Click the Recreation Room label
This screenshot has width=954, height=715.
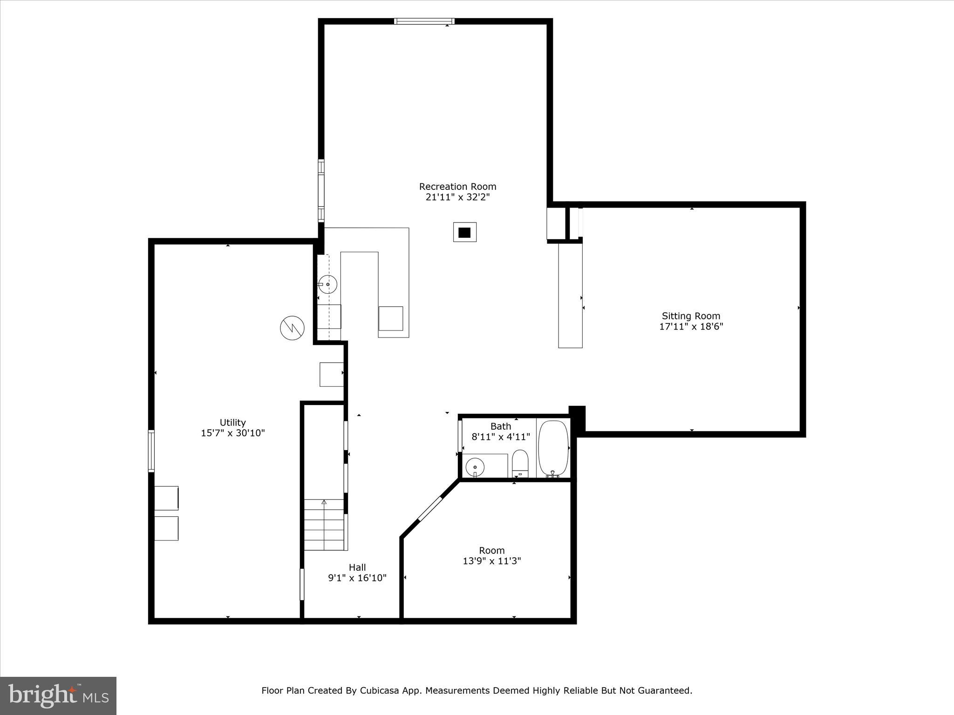pos(457,187)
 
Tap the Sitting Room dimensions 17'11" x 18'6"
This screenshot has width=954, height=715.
pos(691,327)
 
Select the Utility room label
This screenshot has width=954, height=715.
pos(232,423)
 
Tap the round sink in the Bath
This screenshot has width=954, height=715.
pos(475,466)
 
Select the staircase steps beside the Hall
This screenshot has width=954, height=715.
pos(324,525)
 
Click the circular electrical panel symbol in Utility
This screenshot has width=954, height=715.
pos(292,328)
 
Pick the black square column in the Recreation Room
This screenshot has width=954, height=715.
pos(464,232)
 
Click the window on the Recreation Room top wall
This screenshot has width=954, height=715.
pos(424,21)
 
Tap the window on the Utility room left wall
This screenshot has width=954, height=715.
pos(151,451)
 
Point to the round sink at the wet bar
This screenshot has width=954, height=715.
pos(328,284)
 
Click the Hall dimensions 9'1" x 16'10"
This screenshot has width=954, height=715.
pos(357,578)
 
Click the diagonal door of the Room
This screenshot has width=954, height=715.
pos(430,509)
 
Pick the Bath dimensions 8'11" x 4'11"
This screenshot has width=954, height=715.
pos(501,437)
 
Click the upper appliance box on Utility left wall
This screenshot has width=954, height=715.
pos(166,498)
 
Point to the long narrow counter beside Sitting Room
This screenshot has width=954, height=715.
pos(570,295)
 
